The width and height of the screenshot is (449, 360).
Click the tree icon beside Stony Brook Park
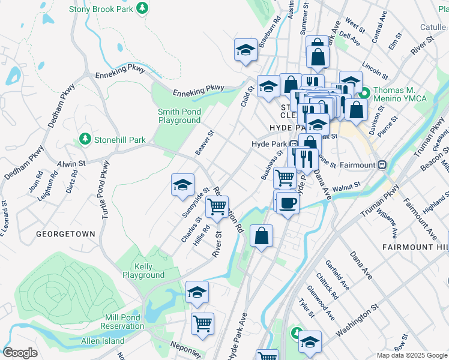click(142, 8)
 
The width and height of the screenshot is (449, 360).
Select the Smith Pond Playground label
click(179, 116)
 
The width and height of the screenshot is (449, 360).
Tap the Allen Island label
click(103, 341)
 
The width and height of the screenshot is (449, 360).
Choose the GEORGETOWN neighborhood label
click(65, 233)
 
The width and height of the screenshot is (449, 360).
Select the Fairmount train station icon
click(382, 164)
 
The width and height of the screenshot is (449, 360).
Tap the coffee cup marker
click(287, 203)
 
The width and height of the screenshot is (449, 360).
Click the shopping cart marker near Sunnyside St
click(216, 207)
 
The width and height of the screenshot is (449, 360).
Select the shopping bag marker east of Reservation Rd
click(262, 235)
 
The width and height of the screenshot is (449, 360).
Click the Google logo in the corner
click(20, 353)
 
